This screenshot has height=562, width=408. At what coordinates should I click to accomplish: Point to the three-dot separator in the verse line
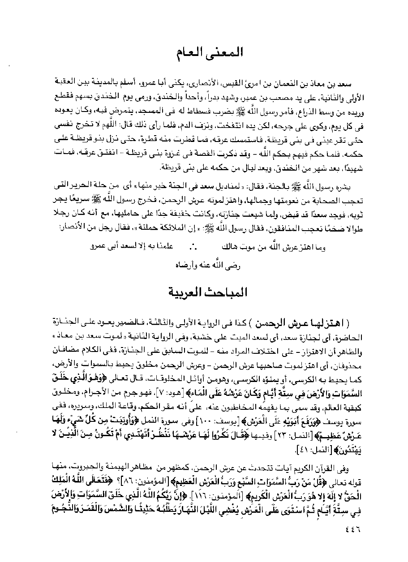pos(193,246)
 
